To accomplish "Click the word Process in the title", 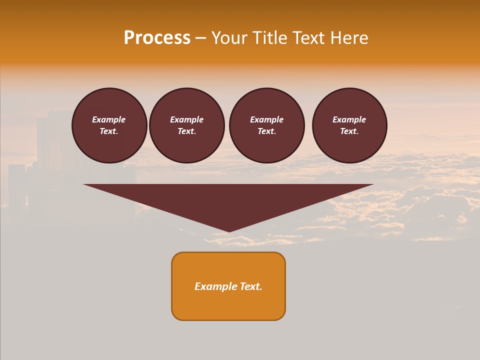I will click(x=157, y=38).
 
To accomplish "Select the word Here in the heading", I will click(x=349, y=38).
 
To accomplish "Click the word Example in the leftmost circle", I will click(x=109, y=119).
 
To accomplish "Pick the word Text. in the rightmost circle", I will click(x=349, y=131).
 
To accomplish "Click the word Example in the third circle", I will click(x=266, y=119).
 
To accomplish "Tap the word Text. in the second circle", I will click(x=186, y=131).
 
